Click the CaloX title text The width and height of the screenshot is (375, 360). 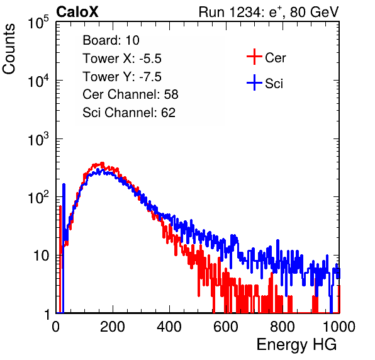pos(77,12)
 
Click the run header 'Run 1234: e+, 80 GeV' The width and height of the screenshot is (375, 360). pos(269,12)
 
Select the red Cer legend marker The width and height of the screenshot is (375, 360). pos(254,57)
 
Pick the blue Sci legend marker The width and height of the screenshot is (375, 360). pos(254,82)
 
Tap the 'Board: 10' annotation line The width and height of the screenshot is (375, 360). pos(111,40)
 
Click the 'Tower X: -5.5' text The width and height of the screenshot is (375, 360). pos(122,59)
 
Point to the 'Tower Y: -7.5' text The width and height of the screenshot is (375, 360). pos(122,77)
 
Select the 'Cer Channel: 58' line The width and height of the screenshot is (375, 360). pos(130,94)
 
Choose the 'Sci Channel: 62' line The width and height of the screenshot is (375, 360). pos(129,113)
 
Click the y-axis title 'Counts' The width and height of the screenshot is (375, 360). pos(9,49)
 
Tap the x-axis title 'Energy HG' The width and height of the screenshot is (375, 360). pos(296,345)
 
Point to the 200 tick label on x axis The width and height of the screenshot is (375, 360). pos(113,327)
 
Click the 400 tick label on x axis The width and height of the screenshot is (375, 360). pos(169,327)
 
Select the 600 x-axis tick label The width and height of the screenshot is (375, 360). pos(226,327)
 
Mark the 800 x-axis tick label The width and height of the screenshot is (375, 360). pos(283,327)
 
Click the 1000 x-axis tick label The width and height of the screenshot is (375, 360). pos(339,327)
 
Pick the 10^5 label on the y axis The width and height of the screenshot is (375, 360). pos(38,23)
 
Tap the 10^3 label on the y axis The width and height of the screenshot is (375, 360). pos(38,139)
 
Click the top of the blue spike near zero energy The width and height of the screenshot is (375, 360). pos(64,184)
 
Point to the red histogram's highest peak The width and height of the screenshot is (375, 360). pos(102,164)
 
